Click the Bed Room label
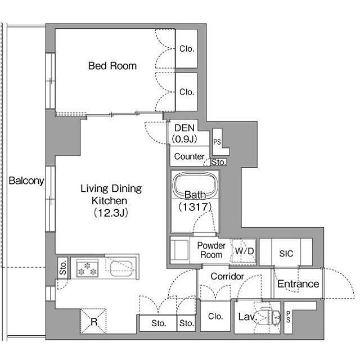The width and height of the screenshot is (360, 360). pyautogui.click(x=112, y=66)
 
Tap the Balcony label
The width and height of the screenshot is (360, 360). pyautogui.click(x=26, y=181)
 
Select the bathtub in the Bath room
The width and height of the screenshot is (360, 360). pyautogui.click(x=195, y=185)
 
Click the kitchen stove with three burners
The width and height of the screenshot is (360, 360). pyautogui.click(x=87, y=268)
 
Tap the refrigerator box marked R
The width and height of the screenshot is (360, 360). pyautogui.click(x=93, y=321)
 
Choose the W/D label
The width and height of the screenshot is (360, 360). pyautogui.click(x=244, y=251)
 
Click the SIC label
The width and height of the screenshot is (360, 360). pyautogui.click(x=286, y=254)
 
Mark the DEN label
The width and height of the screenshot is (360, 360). pyautogui.click(x=184, y=128)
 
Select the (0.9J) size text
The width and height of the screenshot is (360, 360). pyautogui.click(x=184, y=139)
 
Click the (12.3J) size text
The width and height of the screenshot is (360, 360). pyautogui.click(x=111, y=213)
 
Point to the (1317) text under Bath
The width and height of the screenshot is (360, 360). pyautogui.click(x=195, y=207)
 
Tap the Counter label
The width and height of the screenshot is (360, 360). pyautogui.click(x=189, y=156)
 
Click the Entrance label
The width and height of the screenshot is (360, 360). pyautogui.click(x=298, y=284)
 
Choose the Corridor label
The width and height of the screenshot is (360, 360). pyautogui.click(x=227, y=276)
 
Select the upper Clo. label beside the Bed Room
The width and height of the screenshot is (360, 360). pyautogui.click(x=187, y=49)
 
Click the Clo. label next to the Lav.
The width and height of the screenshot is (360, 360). pyautogui.click(x=215, y=316)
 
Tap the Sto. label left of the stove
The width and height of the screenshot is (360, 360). pyautogui.click(x=62, y=268)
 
